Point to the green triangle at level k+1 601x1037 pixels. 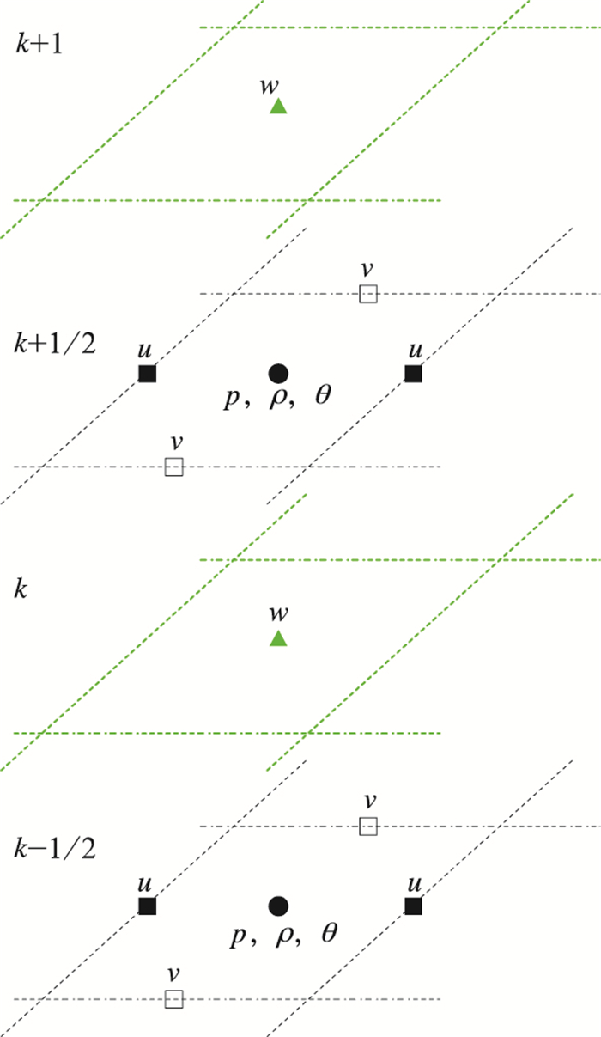[277, 107]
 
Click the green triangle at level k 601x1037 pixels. [277, 638]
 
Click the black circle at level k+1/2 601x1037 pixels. [277, 373]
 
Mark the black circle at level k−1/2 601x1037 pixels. [277, 906]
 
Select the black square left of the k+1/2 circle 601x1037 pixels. [148, 373]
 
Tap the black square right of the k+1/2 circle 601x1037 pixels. [414, 373]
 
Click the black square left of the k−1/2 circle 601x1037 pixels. [148, 906]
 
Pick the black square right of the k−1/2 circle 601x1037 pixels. [414, 906]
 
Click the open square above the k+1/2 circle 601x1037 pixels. [367, 294]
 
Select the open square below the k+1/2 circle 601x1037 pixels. [174, 467]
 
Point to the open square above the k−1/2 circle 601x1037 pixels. [367, 827]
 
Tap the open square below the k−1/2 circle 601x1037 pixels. [174, 998]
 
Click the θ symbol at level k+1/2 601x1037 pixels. [323, 399]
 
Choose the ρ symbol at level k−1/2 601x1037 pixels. [282, 935]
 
